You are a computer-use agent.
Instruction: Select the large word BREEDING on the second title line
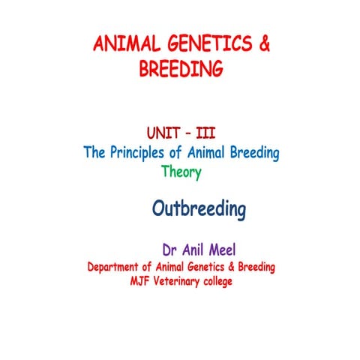[181, 69]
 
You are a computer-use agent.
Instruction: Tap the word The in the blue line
[95, 154]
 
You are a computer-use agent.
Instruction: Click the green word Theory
[181, 171]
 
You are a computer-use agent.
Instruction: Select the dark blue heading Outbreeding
[199, 209]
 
